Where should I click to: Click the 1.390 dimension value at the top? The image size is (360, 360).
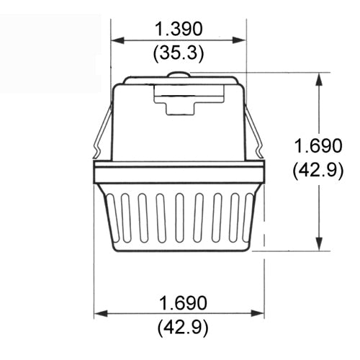tap(179, 29)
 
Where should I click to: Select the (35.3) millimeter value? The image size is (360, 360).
tap(179, 52)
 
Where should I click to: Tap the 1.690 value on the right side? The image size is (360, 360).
tap(318, 146)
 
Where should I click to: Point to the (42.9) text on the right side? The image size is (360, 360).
tap(318, 171)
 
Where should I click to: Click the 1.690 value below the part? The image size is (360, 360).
tap(179, 301)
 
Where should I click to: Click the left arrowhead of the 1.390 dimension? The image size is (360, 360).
tap(115, 40)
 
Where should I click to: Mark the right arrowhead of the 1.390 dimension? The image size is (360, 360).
tap(241, 40)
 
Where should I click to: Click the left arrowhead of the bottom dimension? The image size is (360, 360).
tap(99, 313)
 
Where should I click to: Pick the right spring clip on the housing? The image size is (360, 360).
tap(253, 130)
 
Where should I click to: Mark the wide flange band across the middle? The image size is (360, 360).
tap(179, 173)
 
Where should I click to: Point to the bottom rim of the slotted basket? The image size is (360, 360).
tap(179, 248)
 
